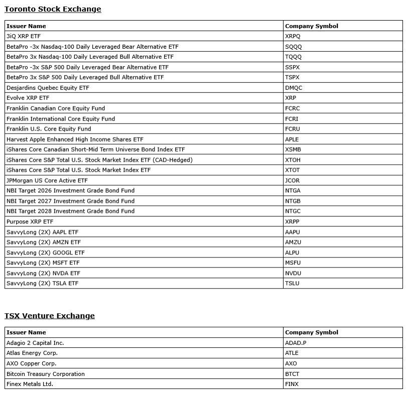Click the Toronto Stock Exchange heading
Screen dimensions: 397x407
click(53, 9)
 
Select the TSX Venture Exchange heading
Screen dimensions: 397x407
click(50, 316)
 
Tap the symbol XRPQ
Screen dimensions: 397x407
click(293, 36)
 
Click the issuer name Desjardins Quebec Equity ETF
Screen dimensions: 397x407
click(48, 88)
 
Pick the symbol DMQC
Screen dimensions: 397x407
click(294, 88)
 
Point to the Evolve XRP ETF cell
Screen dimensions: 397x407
click(28, 98)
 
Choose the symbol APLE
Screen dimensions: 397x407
click(292, 140)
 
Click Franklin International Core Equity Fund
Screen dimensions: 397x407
click(61, 119)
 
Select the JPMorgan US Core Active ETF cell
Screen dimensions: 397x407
click(47, 181)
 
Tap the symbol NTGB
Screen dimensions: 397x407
click(293, 201)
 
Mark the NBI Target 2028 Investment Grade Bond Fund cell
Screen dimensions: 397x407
click(70, 211)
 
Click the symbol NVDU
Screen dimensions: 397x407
click(293, 274)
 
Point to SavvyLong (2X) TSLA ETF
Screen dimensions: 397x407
click(43, 284)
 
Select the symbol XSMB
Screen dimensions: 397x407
click(293, 150)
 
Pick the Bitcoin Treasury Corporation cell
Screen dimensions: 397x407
click(46, 374)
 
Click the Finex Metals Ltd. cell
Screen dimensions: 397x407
click(30, 384)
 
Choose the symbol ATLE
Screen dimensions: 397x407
click(292, 353)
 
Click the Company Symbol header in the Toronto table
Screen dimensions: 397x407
click(312, 26)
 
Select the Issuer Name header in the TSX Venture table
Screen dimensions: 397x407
click(26, 332)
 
